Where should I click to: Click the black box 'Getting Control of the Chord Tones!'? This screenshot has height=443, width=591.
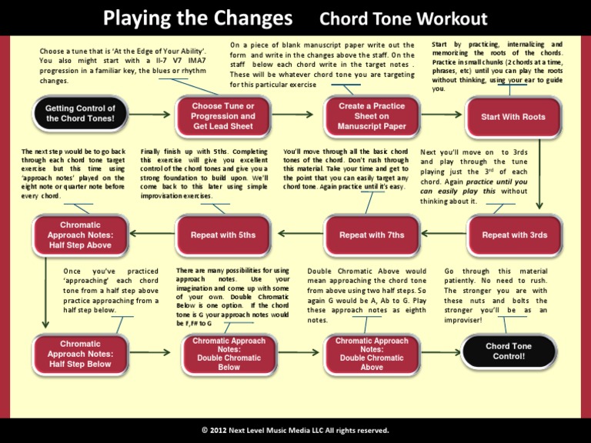[80, 114]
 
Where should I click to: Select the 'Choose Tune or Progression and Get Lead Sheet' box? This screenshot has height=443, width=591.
[222, 116]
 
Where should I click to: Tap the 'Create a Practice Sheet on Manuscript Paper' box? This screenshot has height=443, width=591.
[372, 116]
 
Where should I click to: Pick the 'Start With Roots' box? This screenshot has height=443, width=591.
[513, 117]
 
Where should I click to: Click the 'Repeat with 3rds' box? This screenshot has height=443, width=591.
[514, 235]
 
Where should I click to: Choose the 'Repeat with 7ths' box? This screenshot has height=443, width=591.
[372, 235]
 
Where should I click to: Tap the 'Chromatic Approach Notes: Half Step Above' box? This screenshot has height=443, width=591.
[80, 235]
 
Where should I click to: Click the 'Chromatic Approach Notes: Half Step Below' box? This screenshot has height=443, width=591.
[80, 354]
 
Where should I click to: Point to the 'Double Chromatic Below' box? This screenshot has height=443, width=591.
[229, 354]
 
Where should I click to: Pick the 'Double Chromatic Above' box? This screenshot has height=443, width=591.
[372, 354]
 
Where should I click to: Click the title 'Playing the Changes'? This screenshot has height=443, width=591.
[198, 18]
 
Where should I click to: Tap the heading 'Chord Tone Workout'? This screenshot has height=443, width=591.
[403, 18]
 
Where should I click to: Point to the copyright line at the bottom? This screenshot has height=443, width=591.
[295, 430]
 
